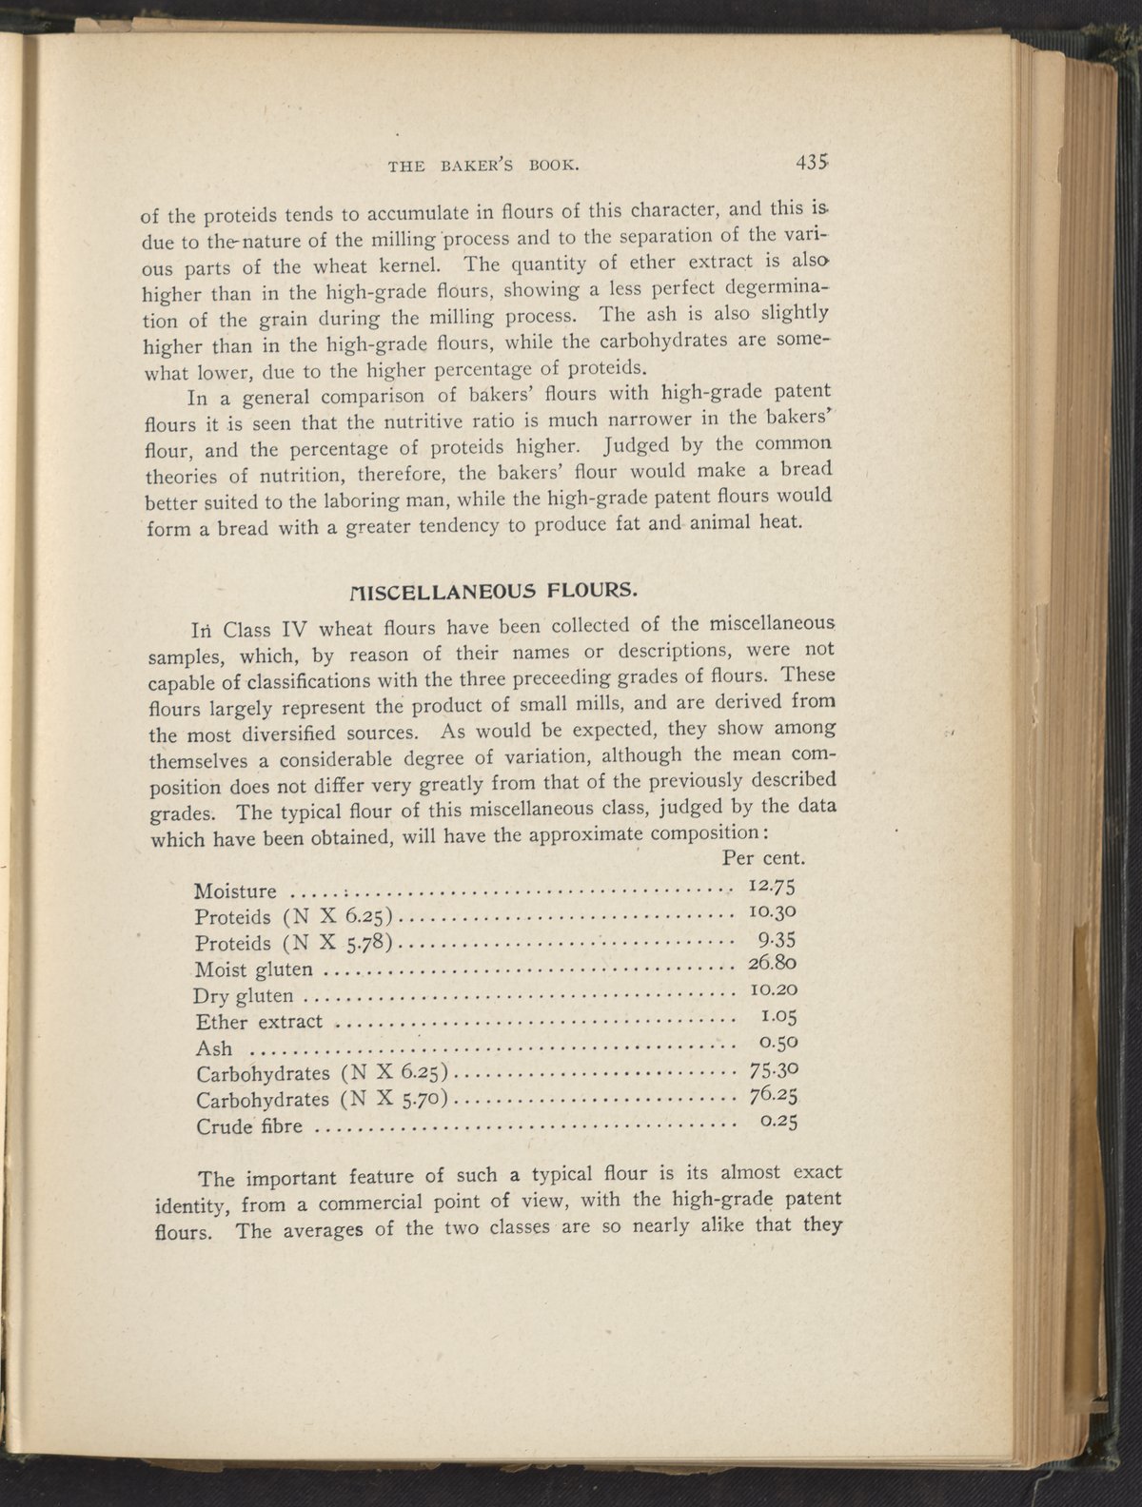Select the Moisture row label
(x=235, y=891)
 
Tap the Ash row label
(x=212, y=1048)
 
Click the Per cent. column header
(x=765, y=856)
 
